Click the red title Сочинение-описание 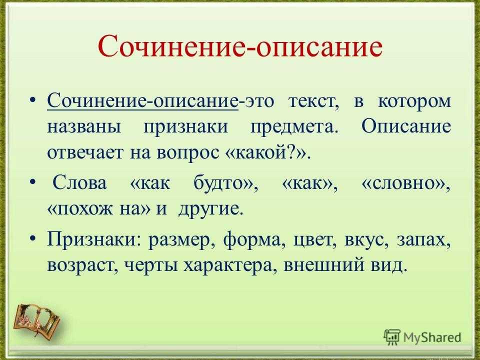click(x=240, y=46)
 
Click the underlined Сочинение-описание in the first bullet click(x=142, y=100)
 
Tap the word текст click(x=314, y=101)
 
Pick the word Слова click(x=79, y=183)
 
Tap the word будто click(x=220, y=182)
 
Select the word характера click(x=227, y=265)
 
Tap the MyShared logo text click(x=431, y=337)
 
